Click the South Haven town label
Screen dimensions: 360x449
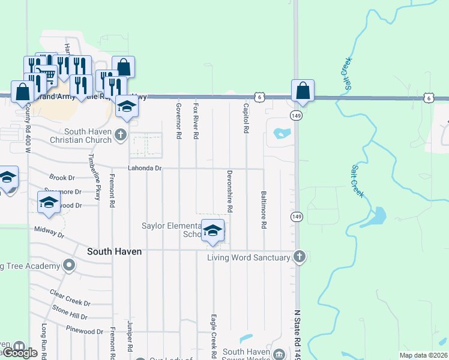(x=114, y=252)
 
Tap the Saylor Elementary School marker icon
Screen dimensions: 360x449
(x=212, y=230)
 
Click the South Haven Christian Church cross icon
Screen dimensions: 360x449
(x=121, y=134)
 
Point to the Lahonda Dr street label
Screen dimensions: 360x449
(x=145, y=169)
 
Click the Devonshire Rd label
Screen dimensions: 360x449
(x=230, y=191)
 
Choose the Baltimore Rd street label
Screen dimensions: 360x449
(x=264, y=210)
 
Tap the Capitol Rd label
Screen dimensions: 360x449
(x=246, y=118)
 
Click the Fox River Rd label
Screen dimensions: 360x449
(x=196, y=121)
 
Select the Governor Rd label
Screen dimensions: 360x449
(x=179, y=121)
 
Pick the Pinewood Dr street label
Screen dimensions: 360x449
(x=85, y=331)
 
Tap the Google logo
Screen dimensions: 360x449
(x=20, y=353)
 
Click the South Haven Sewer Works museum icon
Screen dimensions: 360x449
(x=280, y=354)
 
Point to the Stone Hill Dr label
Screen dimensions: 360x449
(x=70, y=312)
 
